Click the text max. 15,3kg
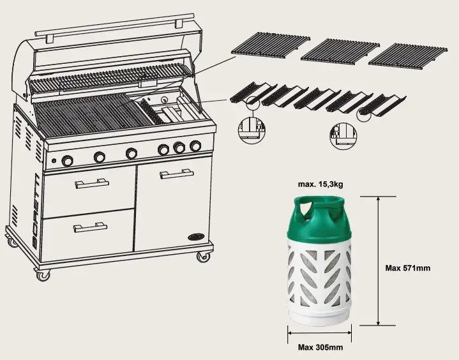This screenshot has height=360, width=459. click(320, 184)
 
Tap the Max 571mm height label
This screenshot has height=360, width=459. click(407, 268)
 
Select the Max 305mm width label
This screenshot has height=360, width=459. click(320, 347)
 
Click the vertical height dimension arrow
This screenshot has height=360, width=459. click(379, 262)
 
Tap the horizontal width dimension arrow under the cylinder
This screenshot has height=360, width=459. click(320, 332)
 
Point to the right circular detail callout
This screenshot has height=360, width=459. click(343, 135)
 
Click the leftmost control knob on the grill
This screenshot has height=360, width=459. click(67, 161)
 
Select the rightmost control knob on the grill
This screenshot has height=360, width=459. click(195, 146)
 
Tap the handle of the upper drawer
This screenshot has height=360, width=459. click(92, 184)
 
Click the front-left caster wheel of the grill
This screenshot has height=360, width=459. click(42, 275)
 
